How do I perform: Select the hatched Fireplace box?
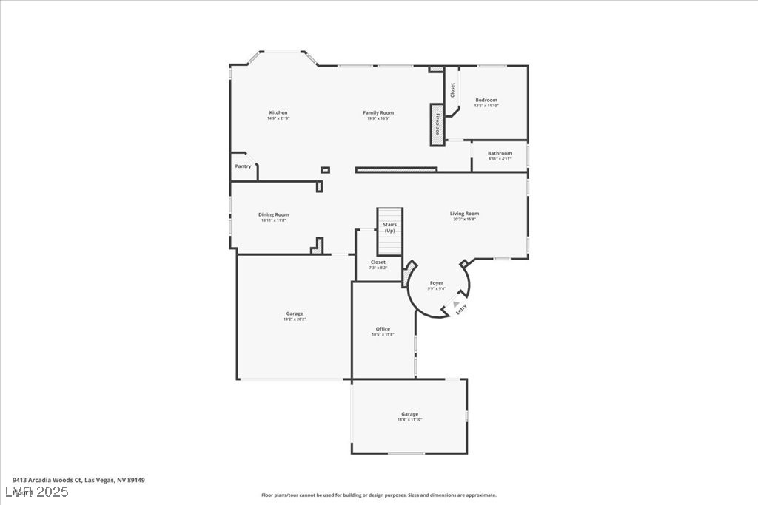click(437, 125)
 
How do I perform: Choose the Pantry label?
click(243, 166)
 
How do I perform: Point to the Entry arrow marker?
click(456, 303)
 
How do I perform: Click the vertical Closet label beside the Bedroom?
click(452, 89)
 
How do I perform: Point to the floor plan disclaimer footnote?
click(378, 495)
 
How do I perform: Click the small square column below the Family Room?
click(325, 170)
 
